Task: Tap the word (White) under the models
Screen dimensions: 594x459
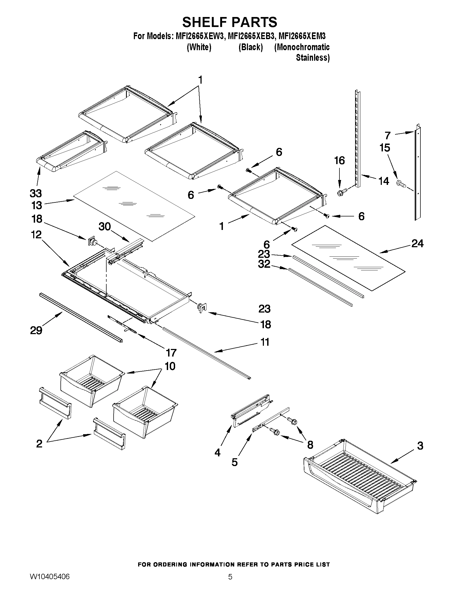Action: (x=199, y=47)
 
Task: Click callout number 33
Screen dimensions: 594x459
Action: (x=36, y=194)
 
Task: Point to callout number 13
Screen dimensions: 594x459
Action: (x=36, y=205)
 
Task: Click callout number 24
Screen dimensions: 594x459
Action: (x=417, y=243)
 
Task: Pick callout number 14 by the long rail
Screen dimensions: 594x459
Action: (x=384, y=181)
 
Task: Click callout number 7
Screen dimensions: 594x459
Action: (x=387, y=135)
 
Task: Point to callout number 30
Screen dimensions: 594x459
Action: (x=105, y=226)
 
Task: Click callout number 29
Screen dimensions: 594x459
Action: (x=36, y=330)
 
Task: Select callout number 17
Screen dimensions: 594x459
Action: (x=171, y=353)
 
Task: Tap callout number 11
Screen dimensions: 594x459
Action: (x=265, y=342)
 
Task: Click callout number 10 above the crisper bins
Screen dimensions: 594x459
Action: (x=170, y=366)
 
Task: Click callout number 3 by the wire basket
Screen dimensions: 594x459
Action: (x=420, y=446)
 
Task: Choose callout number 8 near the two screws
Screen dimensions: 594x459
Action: (x=310, y=445)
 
